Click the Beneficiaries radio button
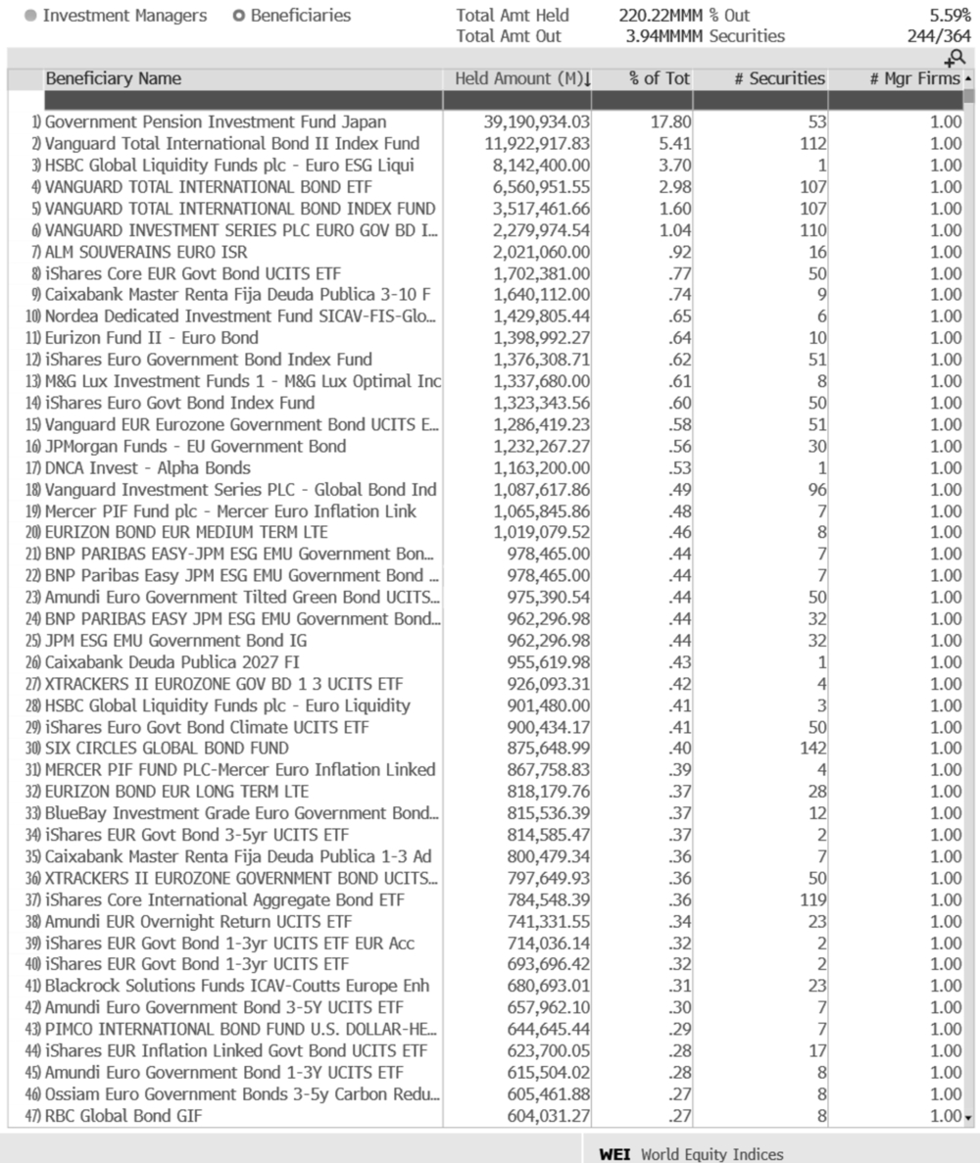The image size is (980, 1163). point(240,16)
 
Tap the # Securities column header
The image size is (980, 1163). point(779,79)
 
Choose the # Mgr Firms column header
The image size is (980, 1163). point(914,79)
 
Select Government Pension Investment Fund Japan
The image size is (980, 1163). point(216,122)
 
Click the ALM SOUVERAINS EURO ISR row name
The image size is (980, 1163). point(146,252)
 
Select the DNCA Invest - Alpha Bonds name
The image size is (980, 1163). point(147,467)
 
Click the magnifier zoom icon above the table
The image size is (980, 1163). point(955,59)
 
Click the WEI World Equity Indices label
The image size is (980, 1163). point(691,1154)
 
